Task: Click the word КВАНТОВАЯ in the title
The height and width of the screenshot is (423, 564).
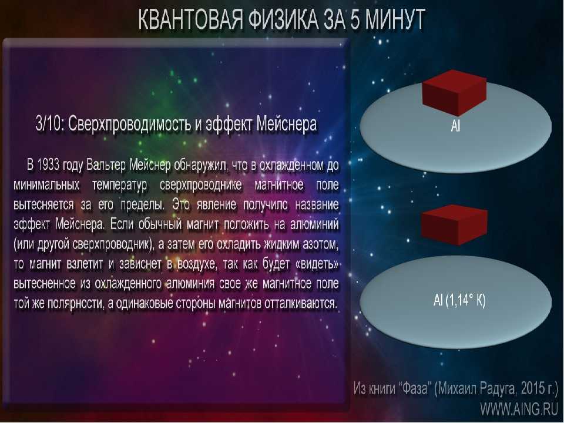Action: (x=190, y=19)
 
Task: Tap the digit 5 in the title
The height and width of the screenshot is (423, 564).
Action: (x=354, y=19)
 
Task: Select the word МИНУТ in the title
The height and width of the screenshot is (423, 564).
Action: (x=395, y=19)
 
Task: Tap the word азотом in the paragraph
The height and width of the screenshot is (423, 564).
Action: (x=320, y=244)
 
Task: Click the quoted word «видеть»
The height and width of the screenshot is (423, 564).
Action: (x=317, y=264)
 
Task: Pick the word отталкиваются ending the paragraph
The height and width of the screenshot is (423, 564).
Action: (x=301, y=304)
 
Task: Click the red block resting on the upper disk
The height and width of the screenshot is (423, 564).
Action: (x=454, y=92)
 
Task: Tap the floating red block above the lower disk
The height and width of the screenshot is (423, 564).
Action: (x=454, y=225)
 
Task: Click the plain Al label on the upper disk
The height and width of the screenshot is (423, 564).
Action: (x=455, y=126)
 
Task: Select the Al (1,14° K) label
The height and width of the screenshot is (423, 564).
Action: (x=459, y=300)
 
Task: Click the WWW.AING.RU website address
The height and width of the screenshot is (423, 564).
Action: (x=519, y=409)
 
